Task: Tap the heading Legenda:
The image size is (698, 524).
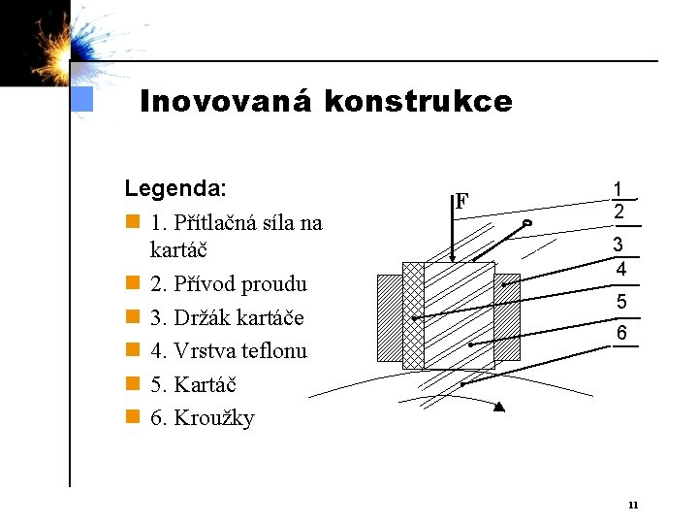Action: (x=175, y=187)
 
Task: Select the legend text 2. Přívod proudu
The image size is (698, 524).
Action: (x=229, y=284)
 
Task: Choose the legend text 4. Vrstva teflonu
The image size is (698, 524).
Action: (x=229, y=351)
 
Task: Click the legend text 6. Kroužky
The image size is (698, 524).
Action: (x=203, y=418)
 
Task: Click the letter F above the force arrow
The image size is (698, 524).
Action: (x=462, y=202)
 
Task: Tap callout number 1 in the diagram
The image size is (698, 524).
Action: (x=618, y=189)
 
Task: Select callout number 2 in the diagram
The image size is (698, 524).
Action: (x=618, y=211)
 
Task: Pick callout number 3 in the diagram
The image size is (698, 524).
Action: (x=618, y=246)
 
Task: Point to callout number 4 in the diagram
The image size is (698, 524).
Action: (x=620, y=267)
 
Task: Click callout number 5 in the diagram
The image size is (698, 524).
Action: (x=621, y=303)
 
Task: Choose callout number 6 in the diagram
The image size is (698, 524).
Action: (x=621, y=334)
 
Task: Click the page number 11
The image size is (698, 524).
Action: (x=633, y=504)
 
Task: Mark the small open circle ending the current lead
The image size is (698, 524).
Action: (x=526, y=224)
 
